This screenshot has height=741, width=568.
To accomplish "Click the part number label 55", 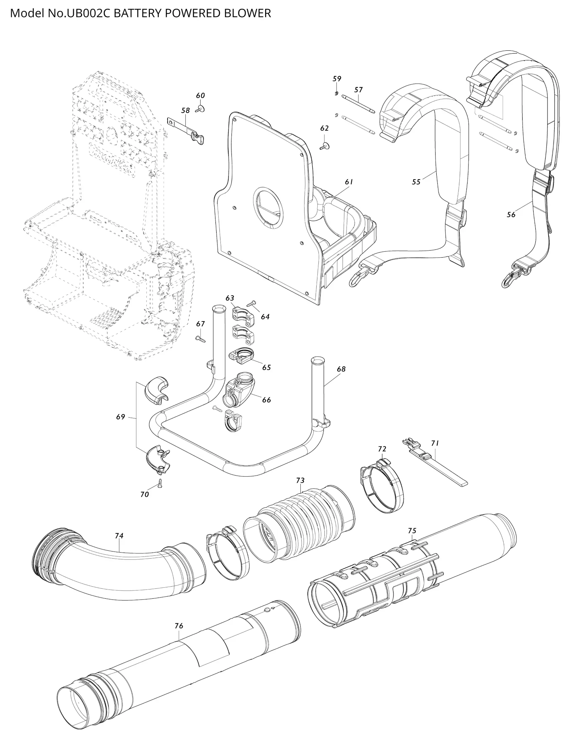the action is [416, 182].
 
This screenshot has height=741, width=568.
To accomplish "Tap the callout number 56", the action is [511, 214].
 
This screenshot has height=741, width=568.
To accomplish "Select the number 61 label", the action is [349, 182].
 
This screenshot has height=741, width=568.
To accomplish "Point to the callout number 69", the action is [121, 417].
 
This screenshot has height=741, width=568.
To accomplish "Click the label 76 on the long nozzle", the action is [179, 626].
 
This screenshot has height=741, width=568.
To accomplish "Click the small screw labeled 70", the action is [160, 483].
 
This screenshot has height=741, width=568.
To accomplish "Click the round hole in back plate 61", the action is [269, 208].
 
